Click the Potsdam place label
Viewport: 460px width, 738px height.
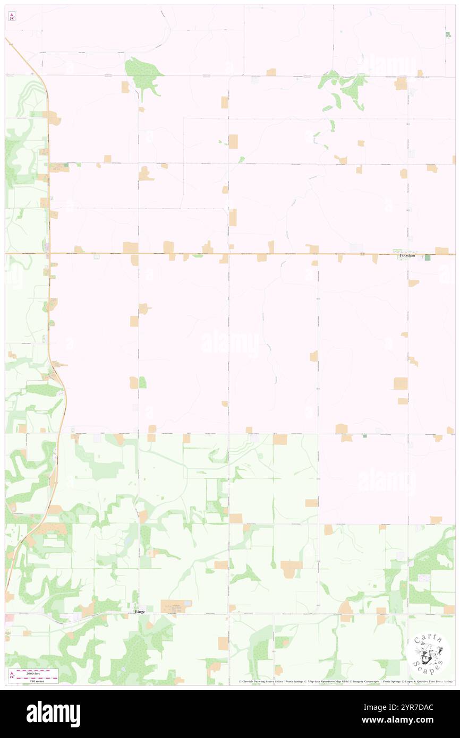(x=408, y=256)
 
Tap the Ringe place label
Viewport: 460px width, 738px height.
(x=140, y=612)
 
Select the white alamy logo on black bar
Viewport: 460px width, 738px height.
(x=53, y=714)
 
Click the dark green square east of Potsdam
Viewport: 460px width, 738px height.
(x=428, y=258)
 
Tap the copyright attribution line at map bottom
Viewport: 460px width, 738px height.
(x=345, y=681)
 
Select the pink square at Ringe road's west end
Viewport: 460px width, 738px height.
(x=9, y=617)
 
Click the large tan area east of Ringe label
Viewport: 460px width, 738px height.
(x=173, y=606)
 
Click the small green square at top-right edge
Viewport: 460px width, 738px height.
(x=447, y=35)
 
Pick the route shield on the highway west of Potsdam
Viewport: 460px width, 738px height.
(x=362, y=255)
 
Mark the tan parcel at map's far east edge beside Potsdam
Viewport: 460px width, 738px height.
(x=441, y=250)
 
